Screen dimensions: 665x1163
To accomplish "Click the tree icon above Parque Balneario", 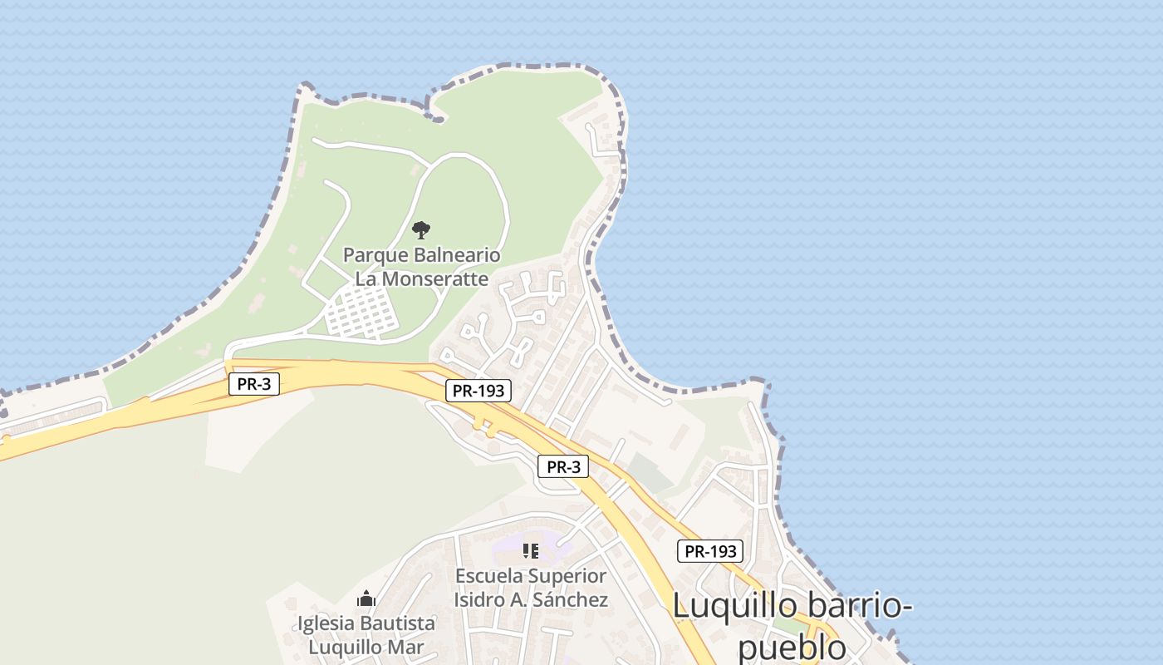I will pyautogui.click(x=421, y=229).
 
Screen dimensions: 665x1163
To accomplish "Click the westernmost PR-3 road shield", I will pyautogui.click(x=254, y=384).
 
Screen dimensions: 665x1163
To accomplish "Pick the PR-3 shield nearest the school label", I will pyautogui.click(x=563, y=467).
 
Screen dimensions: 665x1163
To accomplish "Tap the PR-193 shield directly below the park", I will pyautogui.click(x=478, y=391).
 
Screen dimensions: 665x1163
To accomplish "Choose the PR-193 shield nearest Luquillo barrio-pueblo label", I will pyautogui.click(x=709, y=551).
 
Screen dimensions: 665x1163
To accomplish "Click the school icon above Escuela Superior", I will pyautogui.click(x=531, y=550).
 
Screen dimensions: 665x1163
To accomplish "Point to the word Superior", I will pyautogui.click(x=568, y=576).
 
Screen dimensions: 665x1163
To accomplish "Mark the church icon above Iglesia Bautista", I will pyautogui.click(x=366, y=598).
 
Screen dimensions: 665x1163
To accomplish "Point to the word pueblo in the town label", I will pyautogui.click(x=791, y=648).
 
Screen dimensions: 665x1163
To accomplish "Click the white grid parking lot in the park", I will pyautogui.click(x=361, y=315).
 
